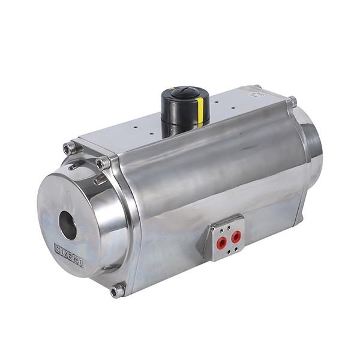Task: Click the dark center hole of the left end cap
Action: pos(67,225)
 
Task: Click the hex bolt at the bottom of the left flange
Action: pos(116,291)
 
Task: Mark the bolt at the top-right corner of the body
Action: pos(292,101)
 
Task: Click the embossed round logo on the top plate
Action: pos(257,94)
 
